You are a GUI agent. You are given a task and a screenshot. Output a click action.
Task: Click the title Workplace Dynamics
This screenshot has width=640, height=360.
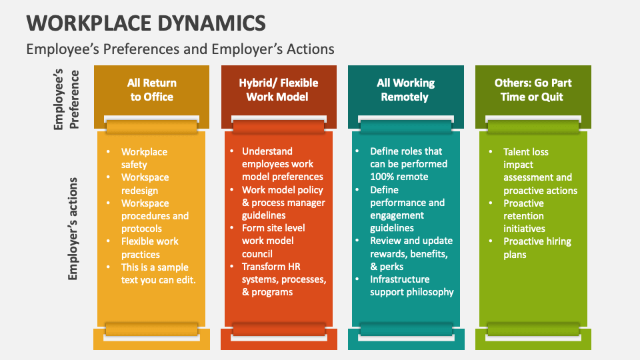pos(146,22)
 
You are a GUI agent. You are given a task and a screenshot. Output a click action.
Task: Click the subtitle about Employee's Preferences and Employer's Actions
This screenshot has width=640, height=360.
pos(180,49)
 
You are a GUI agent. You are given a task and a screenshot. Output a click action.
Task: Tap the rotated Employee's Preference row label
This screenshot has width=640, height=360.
pos(67,99)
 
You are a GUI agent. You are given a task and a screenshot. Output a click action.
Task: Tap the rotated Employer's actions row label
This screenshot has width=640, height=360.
pos(73,228)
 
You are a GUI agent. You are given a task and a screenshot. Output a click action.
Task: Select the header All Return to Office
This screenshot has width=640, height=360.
pos(152,90)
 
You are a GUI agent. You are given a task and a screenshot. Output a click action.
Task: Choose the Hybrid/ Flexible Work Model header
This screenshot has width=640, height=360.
pos(279,90)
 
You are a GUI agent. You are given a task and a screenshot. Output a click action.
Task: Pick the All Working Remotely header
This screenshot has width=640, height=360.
pos(405,90)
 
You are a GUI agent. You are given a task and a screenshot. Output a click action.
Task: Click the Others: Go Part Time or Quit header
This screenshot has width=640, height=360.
pos(533,90)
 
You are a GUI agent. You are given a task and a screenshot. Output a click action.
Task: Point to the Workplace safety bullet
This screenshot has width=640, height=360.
pos(143,158)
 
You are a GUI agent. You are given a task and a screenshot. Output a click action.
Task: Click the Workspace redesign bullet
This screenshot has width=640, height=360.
pos(145,184)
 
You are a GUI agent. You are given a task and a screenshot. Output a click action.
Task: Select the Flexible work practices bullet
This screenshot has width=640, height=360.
pos(150,247)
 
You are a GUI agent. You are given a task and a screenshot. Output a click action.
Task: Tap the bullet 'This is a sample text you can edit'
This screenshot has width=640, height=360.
pos(158,273)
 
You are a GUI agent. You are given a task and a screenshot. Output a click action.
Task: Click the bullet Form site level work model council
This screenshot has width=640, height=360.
pos(273,241)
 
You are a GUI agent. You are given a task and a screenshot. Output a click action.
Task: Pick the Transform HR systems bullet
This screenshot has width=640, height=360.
pos(283,279)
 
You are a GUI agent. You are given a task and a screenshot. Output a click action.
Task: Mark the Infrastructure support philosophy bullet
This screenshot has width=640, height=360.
pos(411,285)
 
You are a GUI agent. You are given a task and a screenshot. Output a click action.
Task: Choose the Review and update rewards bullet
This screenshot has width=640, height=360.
pos(411,253)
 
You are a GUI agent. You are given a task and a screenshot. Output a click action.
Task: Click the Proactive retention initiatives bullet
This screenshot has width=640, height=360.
pos(524,216)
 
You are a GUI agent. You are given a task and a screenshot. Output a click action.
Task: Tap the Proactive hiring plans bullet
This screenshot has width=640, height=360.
pos(537,247)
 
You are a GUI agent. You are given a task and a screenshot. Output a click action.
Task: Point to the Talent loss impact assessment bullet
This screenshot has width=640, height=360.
pos(540,171)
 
